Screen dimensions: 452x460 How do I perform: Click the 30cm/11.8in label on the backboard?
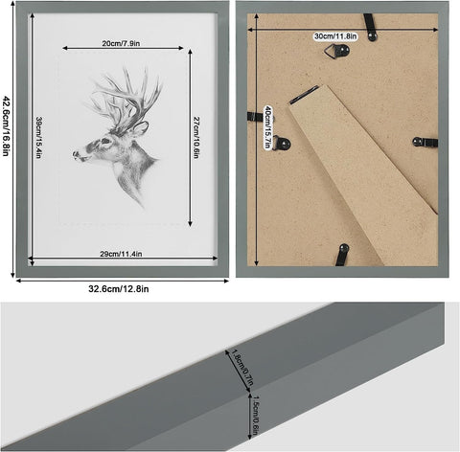335,36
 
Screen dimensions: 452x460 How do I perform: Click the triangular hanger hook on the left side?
282,144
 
